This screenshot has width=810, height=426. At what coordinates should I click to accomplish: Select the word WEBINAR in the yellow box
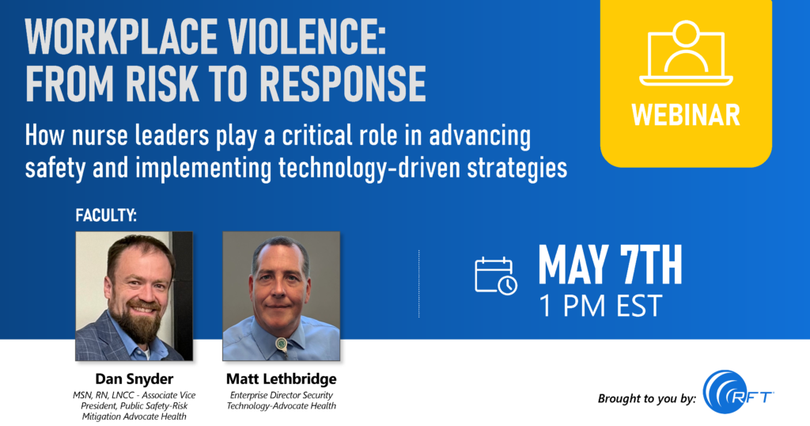pos(686,115)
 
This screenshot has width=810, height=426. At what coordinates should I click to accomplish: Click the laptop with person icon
pos(686,53)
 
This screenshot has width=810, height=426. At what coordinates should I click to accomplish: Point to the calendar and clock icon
pos(496,276)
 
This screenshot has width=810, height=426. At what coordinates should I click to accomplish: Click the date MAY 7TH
pos(610,266)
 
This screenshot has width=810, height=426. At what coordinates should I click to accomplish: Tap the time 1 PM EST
pos(600,306)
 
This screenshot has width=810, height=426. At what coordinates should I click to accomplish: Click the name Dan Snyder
pos(134,379)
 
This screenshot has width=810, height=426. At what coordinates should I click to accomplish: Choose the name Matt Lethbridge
pos(281,379)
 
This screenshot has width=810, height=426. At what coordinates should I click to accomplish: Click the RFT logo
pos(738,392)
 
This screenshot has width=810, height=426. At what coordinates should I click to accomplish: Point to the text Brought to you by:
pos(647,398)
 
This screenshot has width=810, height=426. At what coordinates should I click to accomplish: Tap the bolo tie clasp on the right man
pos(281,344)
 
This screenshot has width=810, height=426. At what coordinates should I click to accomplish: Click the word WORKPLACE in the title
pos(121,37)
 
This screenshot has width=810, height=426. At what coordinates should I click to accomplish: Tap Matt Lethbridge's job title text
pos(281,401)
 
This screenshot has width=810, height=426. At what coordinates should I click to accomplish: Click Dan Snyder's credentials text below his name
pos(134,406)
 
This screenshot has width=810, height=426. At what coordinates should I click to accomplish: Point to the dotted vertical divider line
pos(419,283)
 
